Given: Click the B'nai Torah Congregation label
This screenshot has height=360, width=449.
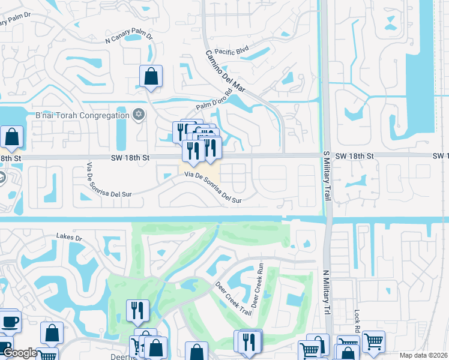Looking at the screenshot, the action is [82, 115].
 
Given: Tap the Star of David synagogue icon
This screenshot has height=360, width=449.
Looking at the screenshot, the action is [139, 115].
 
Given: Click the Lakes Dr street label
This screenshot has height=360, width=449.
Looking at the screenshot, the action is [68, 238].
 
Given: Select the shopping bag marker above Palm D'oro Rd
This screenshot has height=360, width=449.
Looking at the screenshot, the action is [151, 77].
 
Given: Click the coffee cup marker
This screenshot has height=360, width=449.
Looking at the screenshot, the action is [10, 321].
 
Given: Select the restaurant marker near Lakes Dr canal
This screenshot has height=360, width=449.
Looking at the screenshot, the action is [137, 311].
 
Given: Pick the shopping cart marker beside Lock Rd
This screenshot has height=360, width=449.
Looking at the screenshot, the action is [373, 341].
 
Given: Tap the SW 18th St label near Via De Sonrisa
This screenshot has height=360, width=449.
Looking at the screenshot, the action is [130, 157].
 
